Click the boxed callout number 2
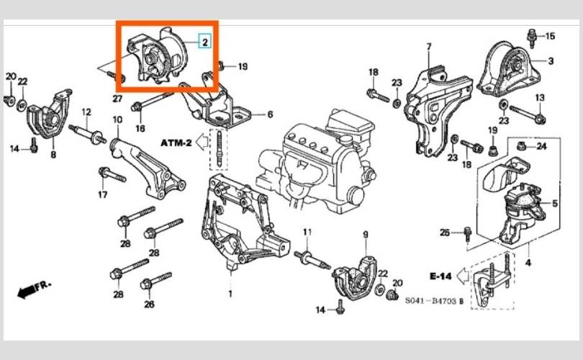click(205, 41)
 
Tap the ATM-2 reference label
click(176, 143)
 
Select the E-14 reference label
click(440, 276)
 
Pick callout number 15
click(550, 36)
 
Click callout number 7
click(429, 47)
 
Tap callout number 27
click(117, 99)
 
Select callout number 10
click(117, 120)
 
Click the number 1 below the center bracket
click(230, 294)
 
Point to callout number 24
click(541, 146)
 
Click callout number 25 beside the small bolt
click(445, 233)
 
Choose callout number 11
click(307, 232)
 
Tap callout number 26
click(149, 305)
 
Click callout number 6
click(270, 114)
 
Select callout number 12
click(86, 112)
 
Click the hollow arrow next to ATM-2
click(202, 143)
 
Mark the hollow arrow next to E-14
click(463, 276)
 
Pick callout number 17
click(103, 194)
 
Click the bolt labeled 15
click(532, 38)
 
